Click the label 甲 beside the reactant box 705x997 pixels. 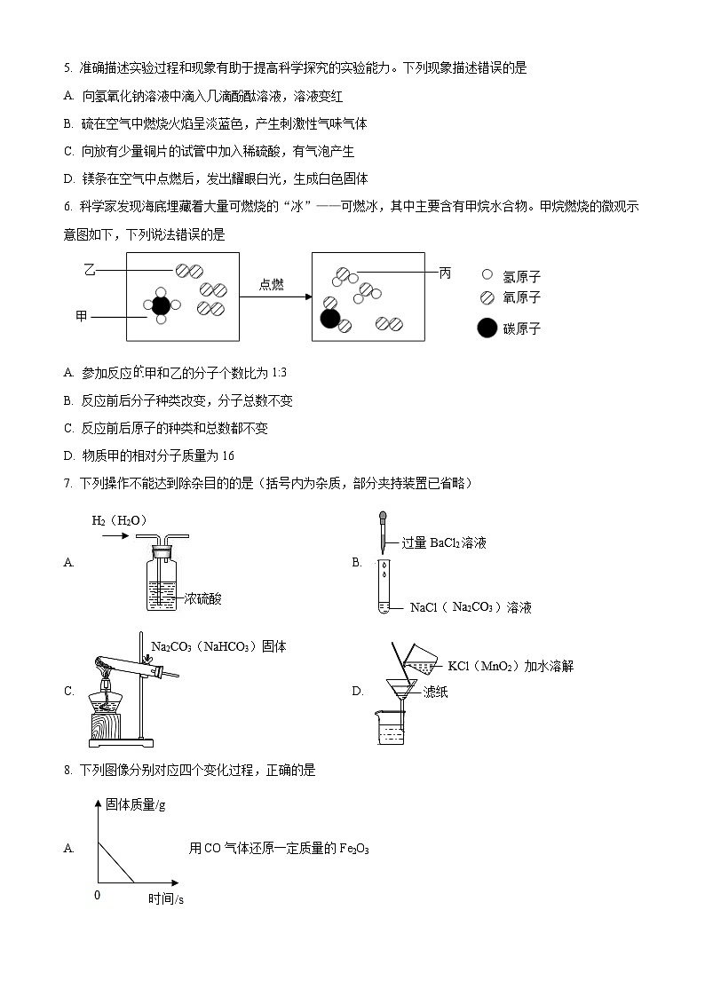82,316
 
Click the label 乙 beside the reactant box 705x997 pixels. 89,268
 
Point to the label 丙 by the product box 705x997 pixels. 446,273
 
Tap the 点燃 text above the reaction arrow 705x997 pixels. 272,284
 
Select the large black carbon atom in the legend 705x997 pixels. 487,328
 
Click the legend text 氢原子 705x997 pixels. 521,277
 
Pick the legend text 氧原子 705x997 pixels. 521,298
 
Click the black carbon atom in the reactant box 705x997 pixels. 161,306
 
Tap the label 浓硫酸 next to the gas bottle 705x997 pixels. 202,599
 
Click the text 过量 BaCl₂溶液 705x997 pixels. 444,542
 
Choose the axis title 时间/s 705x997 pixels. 166,899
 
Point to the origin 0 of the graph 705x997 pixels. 97,895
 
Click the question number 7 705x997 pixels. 67,483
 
